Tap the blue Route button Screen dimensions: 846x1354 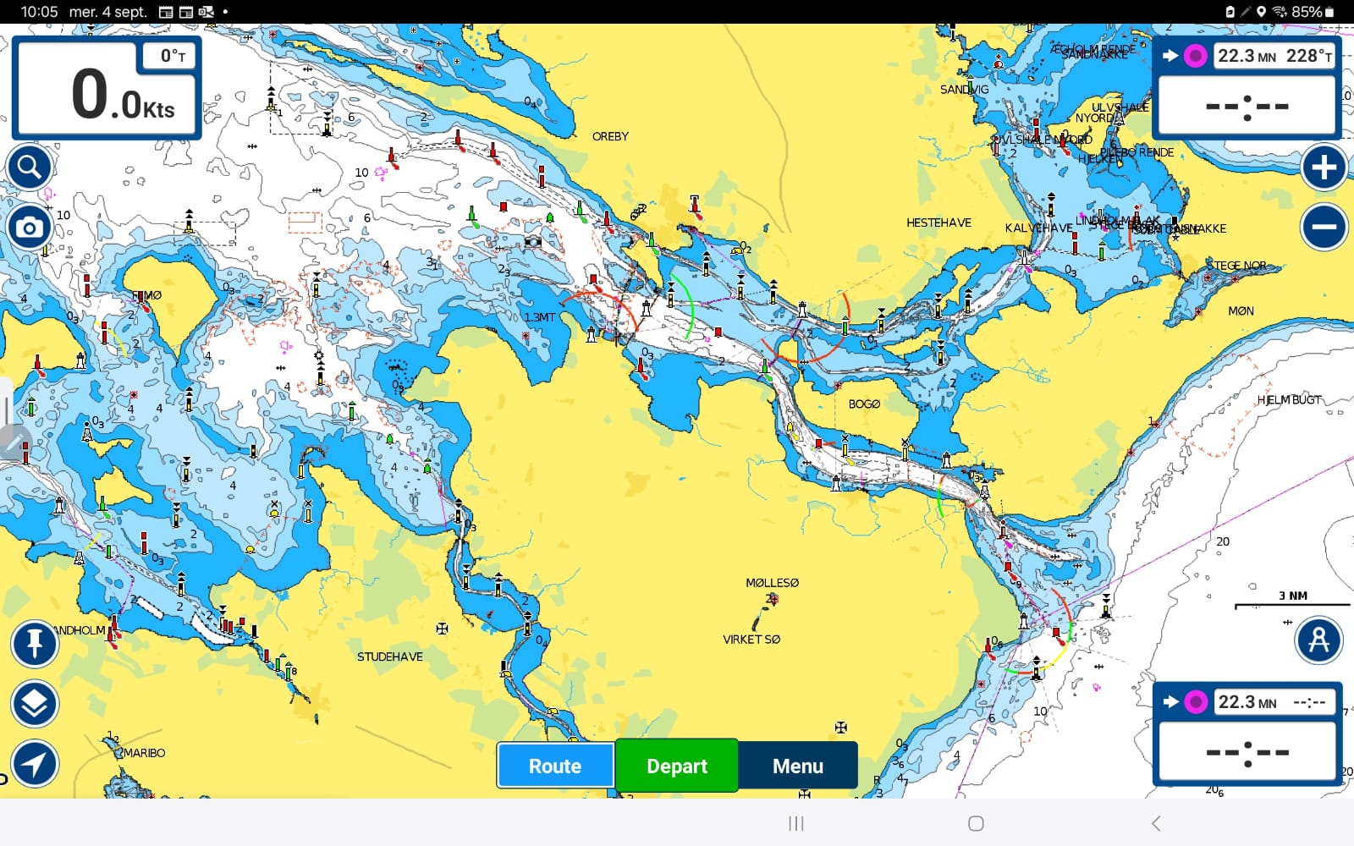555,766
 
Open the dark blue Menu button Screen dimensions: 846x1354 797,766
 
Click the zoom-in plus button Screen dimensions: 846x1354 1324,168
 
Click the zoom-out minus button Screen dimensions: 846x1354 1324,227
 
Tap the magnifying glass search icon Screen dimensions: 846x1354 30,168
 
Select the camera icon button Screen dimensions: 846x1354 30,228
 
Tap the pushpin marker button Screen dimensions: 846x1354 35,644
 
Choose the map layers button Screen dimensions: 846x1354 35,704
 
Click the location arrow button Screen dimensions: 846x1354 35,764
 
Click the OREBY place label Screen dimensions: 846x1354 610,136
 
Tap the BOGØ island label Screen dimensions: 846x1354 864,404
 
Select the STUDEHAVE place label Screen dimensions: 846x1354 389,656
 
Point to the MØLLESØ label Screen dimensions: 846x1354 772,583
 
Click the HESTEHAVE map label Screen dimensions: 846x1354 938,222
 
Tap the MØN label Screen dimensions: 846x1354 1241,311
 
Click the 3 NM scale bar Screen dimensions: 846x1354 1292,602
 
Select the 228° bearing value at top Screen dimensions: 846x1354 1308,56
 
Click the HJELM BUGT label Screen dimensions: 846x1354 1289,399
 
